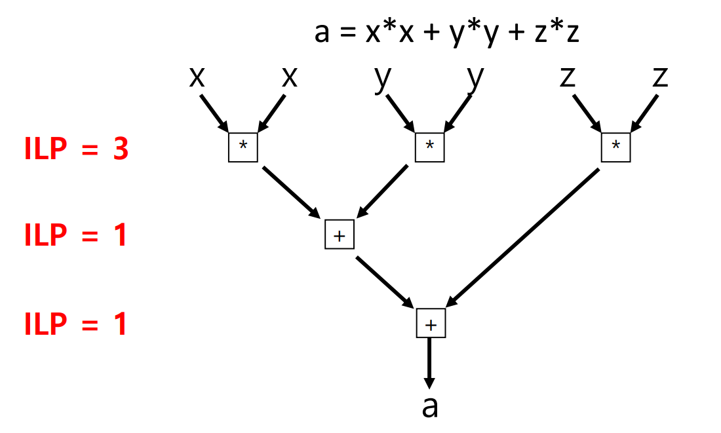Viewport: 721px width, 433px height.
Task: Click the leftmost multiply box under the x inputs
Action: pyautogui.click(x=243, y=147)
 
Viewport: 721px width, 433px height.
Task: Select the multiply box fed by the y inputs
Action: pyautogui.click(x=429, y=147)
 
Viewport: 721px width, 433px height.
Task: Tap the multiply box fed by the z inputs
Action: pyautogui.click(x=615, y=147)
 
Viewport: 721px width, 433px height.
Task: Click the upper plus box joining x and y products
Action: pyautogui.click(x=339, y=235)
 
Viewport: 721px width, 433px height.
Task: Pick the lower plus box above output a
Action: pyautogui.click(x=431, y=324)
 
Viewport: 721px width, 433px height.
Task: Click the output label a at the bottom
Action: pyautogui.click(x=429, y=406)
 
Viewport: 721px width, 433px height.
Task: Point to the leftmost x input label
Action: pyautogui.click(x=196, y=77)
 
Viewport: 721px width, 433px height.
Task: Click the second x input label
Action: pyautogui.click(x=289, y=77)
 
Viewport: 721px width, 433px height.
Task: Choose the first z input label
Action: pyautogui.click(x=568, y=77)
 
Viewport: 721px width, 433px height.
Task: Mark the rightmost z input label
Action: pyautogui.click(x=661, y=77)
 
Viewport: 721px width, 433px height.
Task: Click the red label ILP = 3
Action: pyautogui.click(x=76, y=150)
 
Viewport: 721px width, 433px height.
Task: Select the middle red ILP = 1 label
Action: pyautogui.click(x=76, y=236)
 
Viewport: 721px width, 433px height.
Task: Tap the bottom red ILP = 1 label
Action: pyautogui.click(x=76, y=324)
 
